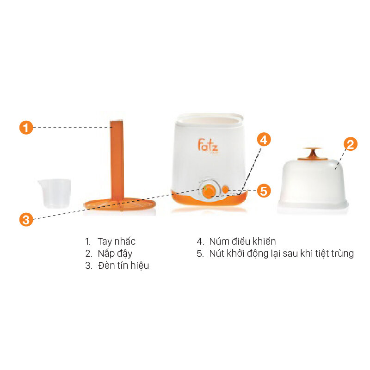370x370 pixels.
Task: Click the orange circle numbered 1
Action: pos(26,127)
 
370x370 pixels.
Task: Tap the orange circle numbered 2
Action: pos(350,144)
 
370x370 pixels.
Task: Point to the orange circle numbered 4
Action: pos(263,140)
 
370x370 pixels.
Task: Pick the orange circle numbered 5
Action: pos(263,191)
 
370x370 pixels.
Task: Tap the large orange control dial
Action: pos(209,190)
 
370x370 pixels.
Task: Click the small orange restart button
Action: pos(226,189)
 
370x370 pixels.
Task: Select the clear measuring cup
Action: pos(55,192)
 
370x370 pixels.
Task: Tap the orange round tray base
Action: pos(119,203)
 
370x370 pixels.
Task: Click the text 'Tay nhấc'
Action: pos(116,241)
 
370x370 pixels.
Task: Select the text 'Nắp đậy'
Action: pos(115,253)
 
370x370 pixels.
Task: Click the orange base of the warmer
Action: pos(210,201)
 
